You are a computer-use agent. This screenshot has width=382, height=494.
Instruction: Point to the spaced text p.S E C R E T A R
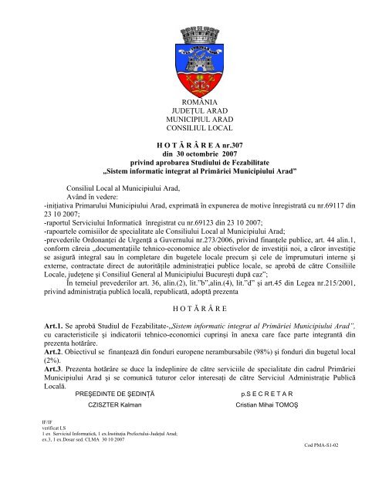click(x=263, y=391)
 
